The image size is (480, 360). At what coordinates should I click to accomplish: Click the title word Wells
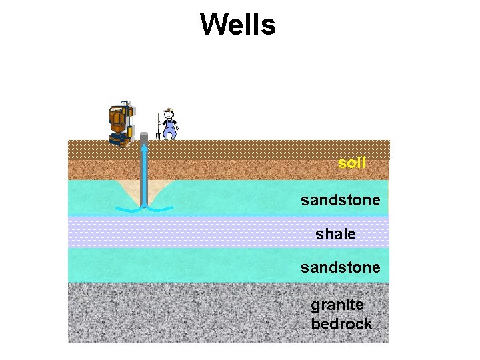coord(237,25)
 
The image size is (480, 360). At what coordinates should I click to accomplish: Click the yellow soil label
coord(351,163)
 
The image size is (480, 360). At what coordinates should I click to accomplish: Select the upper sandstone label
coord(340,200)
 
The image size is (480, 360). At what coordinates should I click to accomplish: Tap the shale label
coord(335,235)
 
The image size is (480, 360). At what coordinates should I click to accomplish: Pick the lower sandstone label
coord(340,267)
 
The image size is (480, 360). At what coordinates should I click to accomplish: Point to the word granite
coord(337,305)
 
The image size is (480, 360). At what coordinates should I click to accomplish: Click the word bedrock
coord(341,324)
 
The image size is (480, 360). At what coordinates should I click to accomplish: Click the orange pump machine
coord(121,123)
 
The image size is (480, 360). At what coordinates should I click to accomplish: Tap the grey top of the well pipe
coord(143,137)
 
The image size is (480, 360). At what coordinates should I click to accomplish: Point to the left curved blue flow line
coord(127,209)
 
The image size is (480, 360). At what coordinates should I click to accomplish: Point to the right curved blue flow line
coord(160,209)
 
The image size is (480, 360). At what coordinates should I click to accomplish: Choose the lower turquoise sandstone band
coord(200,265)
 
